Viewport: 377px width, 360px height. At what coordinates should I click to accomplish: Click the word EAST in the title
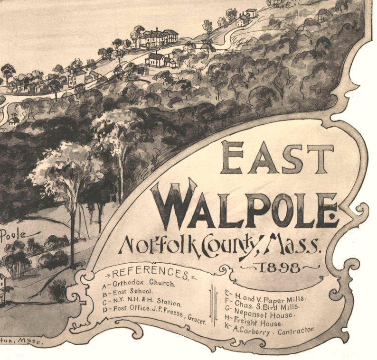click(277, 157)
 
